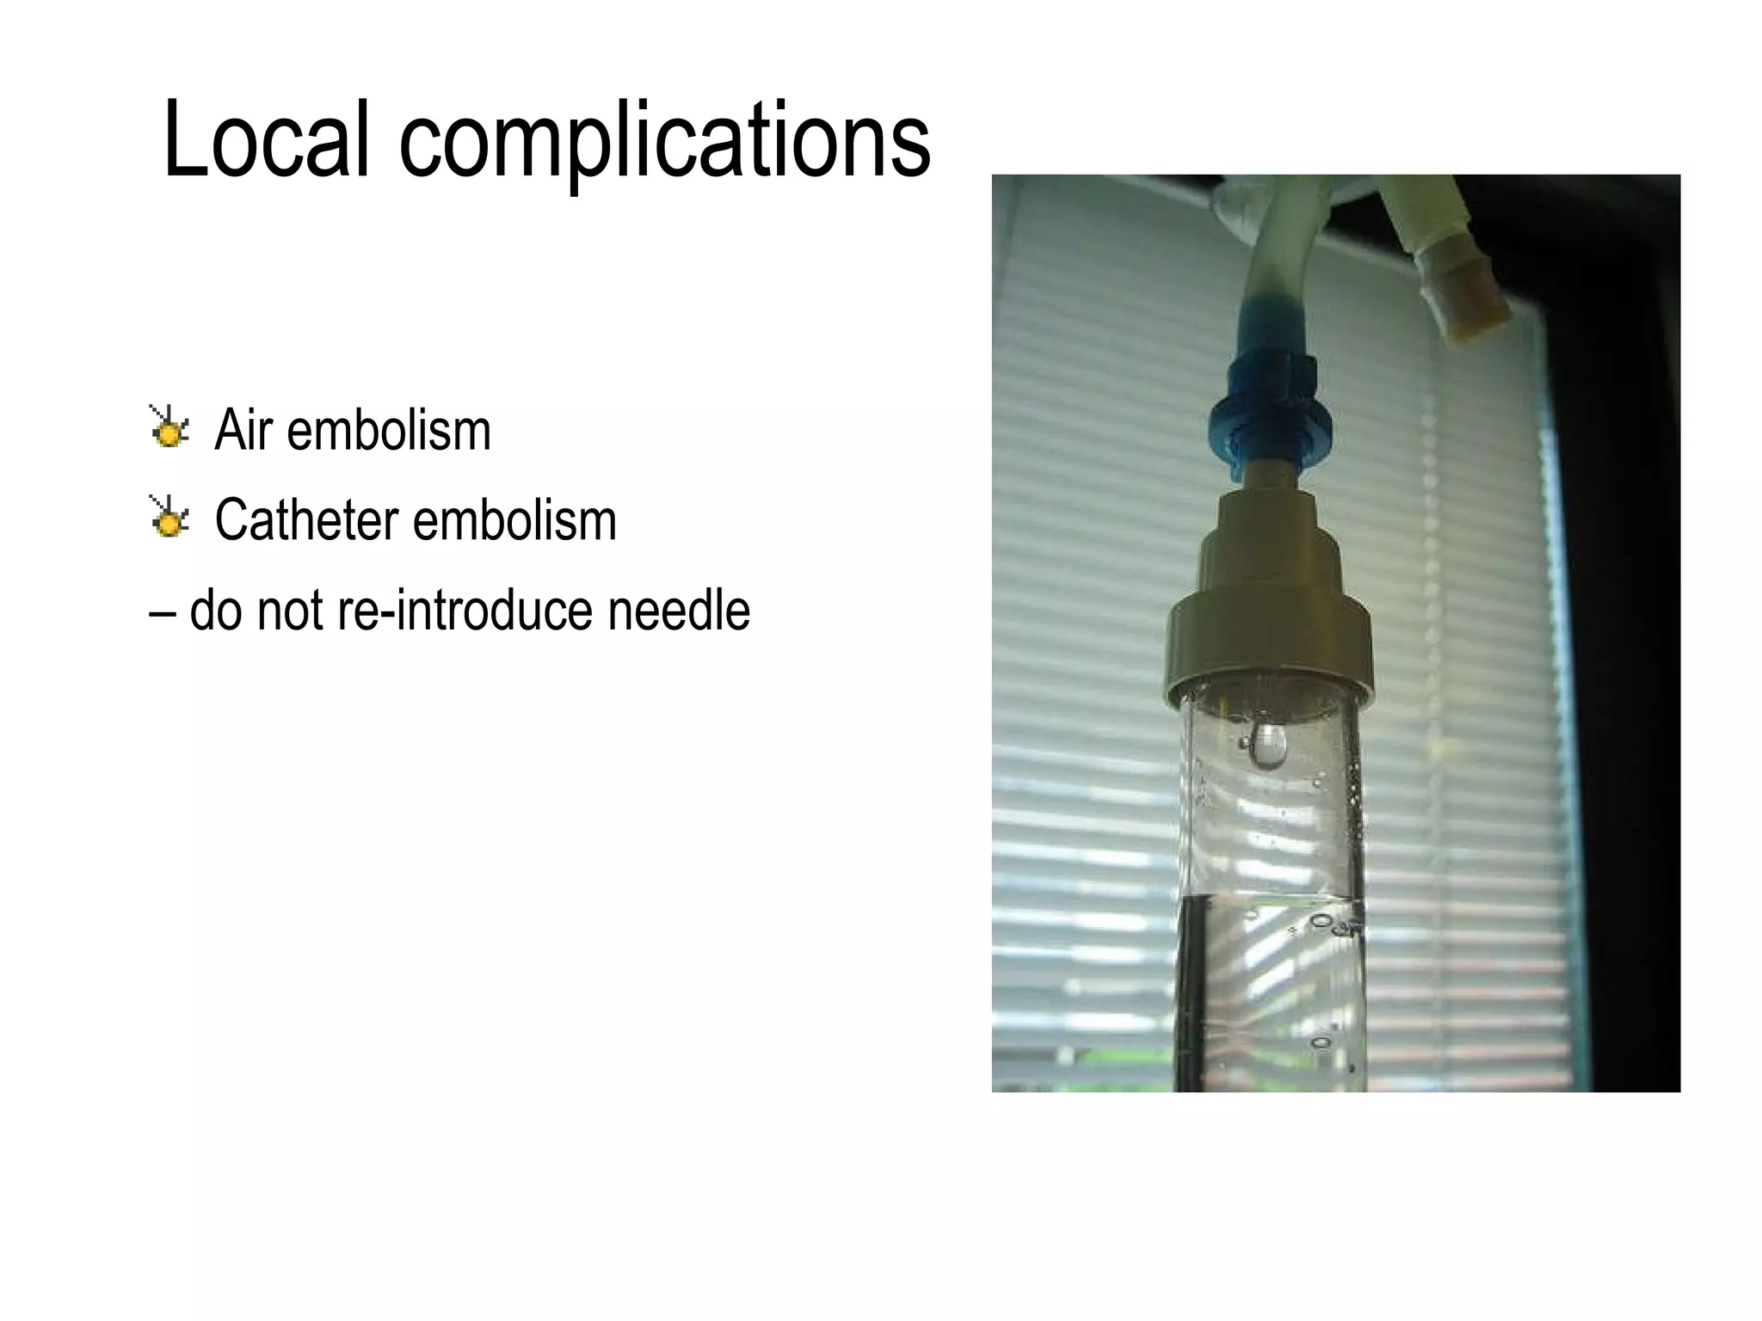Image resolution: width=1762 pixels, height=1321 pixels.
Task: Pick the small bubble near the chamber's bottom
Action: coord(1319,1042)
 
